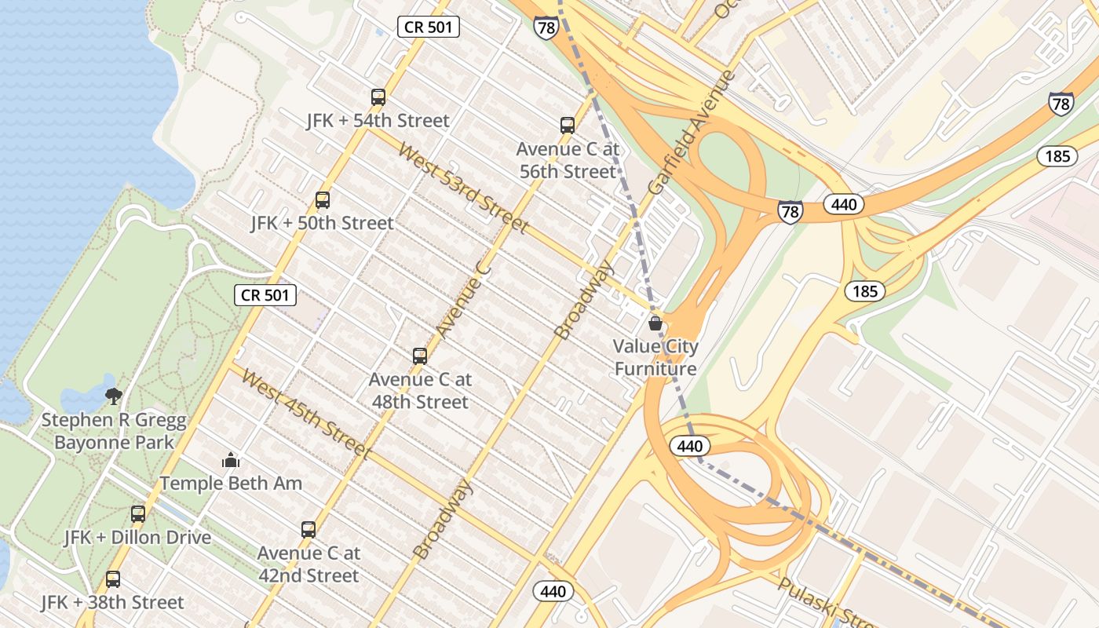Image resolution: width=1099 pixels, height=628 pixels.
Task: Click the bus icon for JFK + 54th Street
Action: coord(378,97)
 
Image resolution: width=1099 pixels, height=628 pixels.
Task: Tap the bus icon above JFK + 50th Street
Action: coord(323,200)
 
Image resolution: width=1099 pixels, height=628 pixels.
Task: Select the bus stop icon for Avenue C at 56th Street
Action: coord(568,125)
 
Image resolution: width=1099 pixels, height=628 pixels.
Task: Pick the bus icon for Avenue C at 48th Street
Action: coord(420,356)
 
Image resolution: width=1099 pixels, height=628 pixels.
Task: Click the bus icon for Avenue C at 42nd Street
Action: coord(309,530)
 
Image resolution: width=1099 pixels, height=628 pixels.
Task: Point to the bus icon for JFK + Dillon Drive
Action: coord(138,514)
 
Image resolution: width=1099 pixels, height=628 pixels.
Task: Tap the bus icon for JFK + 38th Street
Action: coord(113,579)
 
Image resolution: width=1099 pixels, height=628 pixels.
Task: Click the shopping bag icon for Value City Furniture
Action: coord(655,323)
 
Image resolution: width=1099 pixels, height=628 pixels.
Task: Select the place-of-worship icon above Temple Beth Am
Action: coord(231,460)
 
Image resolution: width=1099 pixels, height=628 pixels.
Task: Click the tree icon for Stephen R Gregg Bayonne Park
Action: coord(114,395)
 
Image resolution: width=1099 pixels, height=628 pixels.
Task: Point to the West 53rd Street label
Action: coord(462,187)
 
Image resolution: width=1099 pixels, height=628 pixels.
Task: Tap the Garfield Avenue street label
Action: coord(692,133)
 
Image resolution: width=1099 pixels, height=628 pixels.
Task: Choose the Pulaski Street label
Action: coord(820,601)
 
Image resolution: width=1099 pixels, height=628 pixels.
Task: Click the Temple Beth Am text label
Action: coord(231,483)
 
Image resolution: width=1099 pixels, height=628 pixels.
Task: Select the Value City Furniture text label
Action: coord(655,357)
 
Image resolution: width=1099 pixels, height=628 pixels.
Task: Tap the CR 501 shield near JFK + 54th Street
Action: coord(428,27)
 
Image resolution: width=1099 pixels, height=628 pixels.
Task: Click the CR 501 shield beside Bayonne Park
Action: coord(266,295)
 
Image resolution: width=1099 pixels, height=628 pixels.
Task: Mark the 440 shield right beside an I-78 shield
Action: coord(844,205)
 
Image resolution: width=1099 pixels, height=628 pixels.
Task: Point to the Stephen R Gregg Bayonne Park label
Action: coord(114,431)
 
